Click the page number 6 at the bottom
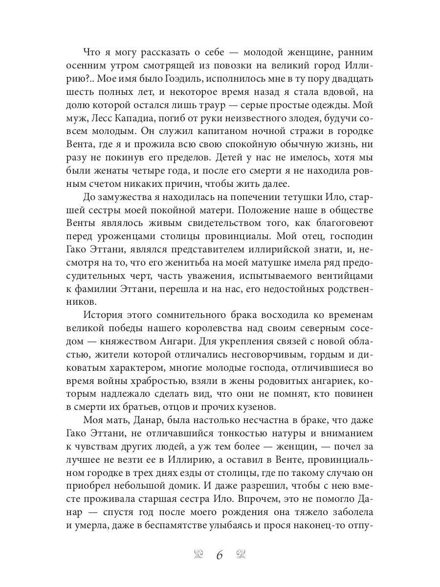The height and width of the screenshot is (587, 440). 220,555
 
